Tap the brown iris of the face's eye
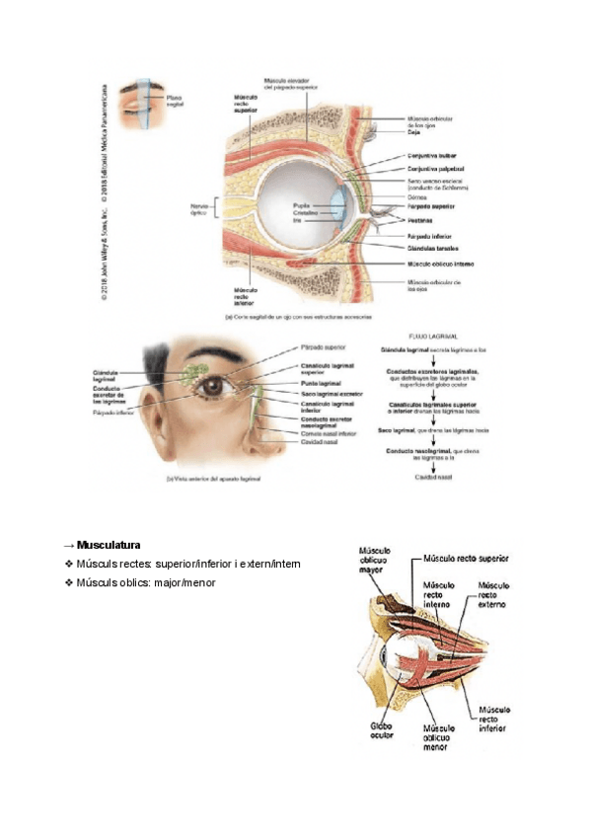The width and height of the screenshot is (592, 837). click(x=212, y=388)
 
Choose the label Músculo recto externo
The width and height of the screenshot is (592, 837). click(x=493, y=594)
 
